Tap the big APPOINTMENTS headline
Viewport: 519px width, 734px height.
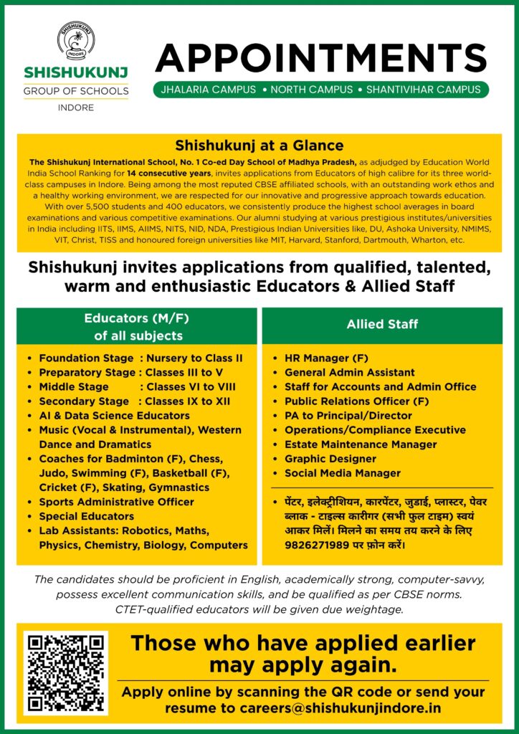tap(320, 57)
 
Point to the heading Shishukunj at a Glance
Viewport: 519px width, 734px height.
tap(259, 146)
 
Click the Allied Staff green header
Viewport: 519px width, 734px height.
tap(382, 324)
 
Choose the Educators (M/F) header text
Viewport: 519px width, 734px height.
tap(136, 318)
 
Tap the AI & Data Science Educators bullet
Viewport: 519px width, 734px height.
tap(114, 416)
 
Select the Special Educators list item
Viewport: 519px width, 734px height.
tap(86, 516)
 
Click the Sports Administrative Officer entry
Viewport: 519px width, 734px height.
tap(116, 502)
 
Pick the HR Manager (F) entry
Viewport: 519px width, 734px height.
tap(323, 358)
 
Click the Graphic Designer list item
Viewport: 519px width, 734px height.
tap(330, 459)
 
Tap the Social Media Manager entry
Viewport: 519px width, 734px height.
tap(342, 473)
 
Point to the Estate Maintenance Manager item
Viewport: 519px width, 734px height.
tap(360, 444)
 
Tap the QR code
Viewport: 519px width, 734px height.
tap(65, 672)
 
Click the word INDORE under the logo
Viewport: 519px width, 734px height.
tap(75, 108)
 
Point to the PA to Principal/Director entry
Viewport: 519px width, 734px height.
tap(348, 416)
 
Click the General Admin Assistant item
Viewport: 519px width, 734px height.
tap(349, 372)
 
